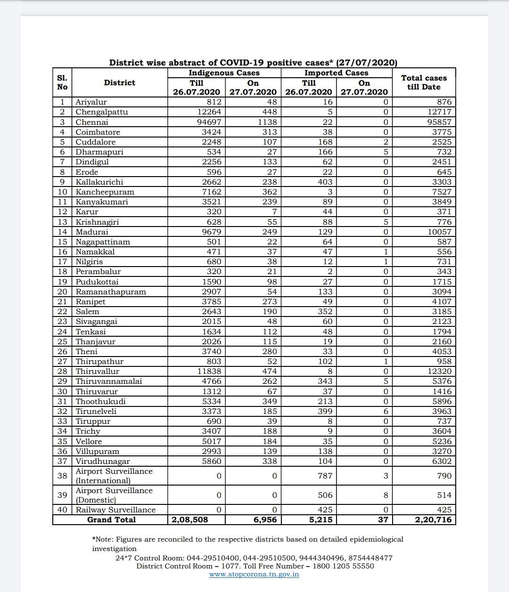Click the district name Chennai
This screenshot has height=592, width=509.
[92, 122]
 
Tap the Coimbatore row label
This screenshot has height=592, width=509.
[98, 132]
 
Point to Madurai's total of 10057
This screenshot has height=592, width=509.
[439, 232]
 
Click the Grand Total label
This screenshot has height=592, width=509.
[111, 519]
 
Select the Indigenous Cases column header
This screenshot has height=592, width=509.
[224, 73]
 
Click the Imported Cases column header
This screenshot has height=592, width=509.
[336, 73]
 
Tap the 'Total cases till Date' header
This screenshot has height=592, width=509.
[424, 82]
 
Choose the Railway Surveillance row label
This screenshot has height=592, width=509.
[115, 510]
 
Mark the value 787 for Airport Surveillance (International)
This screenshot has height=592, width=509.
[325, 476]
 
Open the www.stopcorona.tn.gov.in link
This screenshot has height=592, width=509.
[254, 574]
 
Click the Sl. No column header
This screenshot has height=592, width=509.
[62, 82]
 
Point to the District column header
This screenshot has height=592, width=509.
[120, 82]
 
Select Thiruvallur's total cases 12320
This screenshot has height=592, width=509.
[439, 371]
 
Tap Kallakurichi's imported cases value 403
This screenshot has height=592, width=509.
[325, 182]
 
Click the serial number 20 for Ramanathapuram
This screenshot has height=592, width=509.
[62, 292]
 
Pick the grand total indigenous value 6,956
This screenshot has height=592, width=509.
[265, 519]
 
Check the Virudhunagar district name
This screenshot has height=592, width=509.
[103, 462]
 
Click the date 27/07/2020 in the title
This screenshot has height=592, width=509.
[367, 63]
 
